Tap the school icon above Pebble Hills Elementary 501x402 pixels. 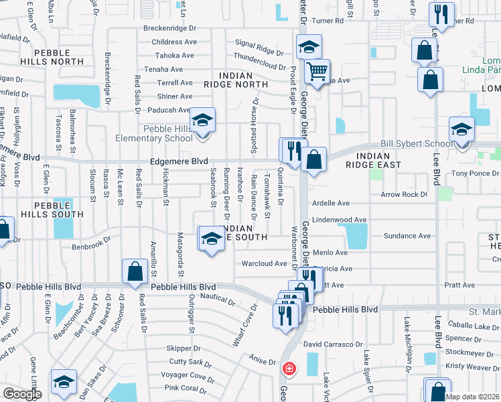(x=202, y=121)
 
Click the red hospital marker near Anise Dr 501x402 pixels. (x=289, y=368)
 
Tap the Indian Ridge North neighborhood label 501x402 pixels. (x=237, y=79)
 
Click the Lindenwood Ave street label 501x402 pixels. (x=339, y=219)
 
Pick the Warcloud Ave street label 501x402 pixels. (x=264, y=263)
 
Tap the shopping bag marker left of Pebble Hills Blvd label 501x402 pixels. (x=135, y=271)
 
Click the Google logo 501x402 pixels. (x=22, y=393)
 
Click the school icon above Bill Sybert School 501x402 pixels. (x=461, y=129)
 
